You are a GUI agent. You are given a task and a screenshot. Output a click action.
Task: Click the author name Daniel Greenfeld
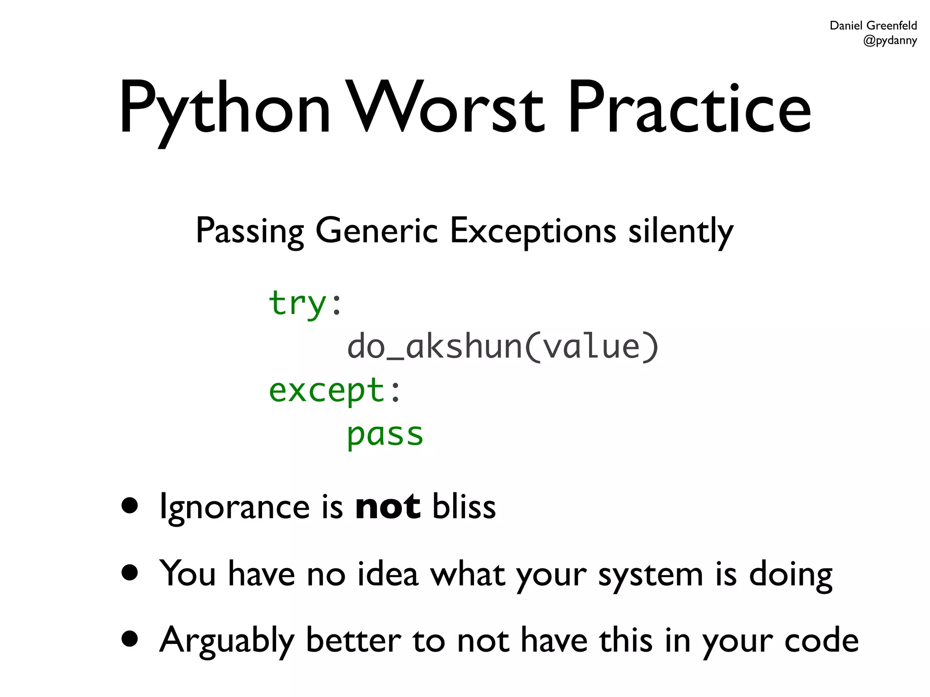click(873, 25)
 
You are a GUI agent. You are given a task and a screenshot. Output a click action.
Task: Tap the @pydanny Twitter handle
click(890, 41)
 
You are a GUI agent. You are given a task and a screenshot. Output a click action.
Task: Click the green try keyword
click(297, 303)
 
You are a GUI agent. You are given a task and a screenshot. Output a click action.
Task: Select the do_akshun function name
click(435, 347)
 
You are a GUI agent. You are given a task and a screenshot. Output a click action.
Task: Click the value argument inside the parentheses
click(592, 347)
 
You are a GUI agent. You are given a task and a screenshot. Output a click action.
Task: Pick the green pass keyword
click(385, 434)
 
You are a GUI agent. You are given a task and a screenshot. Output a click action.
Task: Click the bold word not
click(387, 506)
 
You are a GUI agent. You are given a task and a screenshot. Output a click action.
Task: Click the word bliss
click(464, 506)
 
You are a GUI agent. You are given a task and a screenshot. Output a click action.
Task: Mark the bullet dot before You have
click(130, 573)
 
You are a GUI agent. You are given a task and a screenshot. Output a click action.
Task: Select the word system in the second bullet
click(651, 574)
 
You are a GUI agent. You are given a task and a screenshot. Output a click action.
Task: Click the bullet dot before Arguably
click(130, 639)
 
